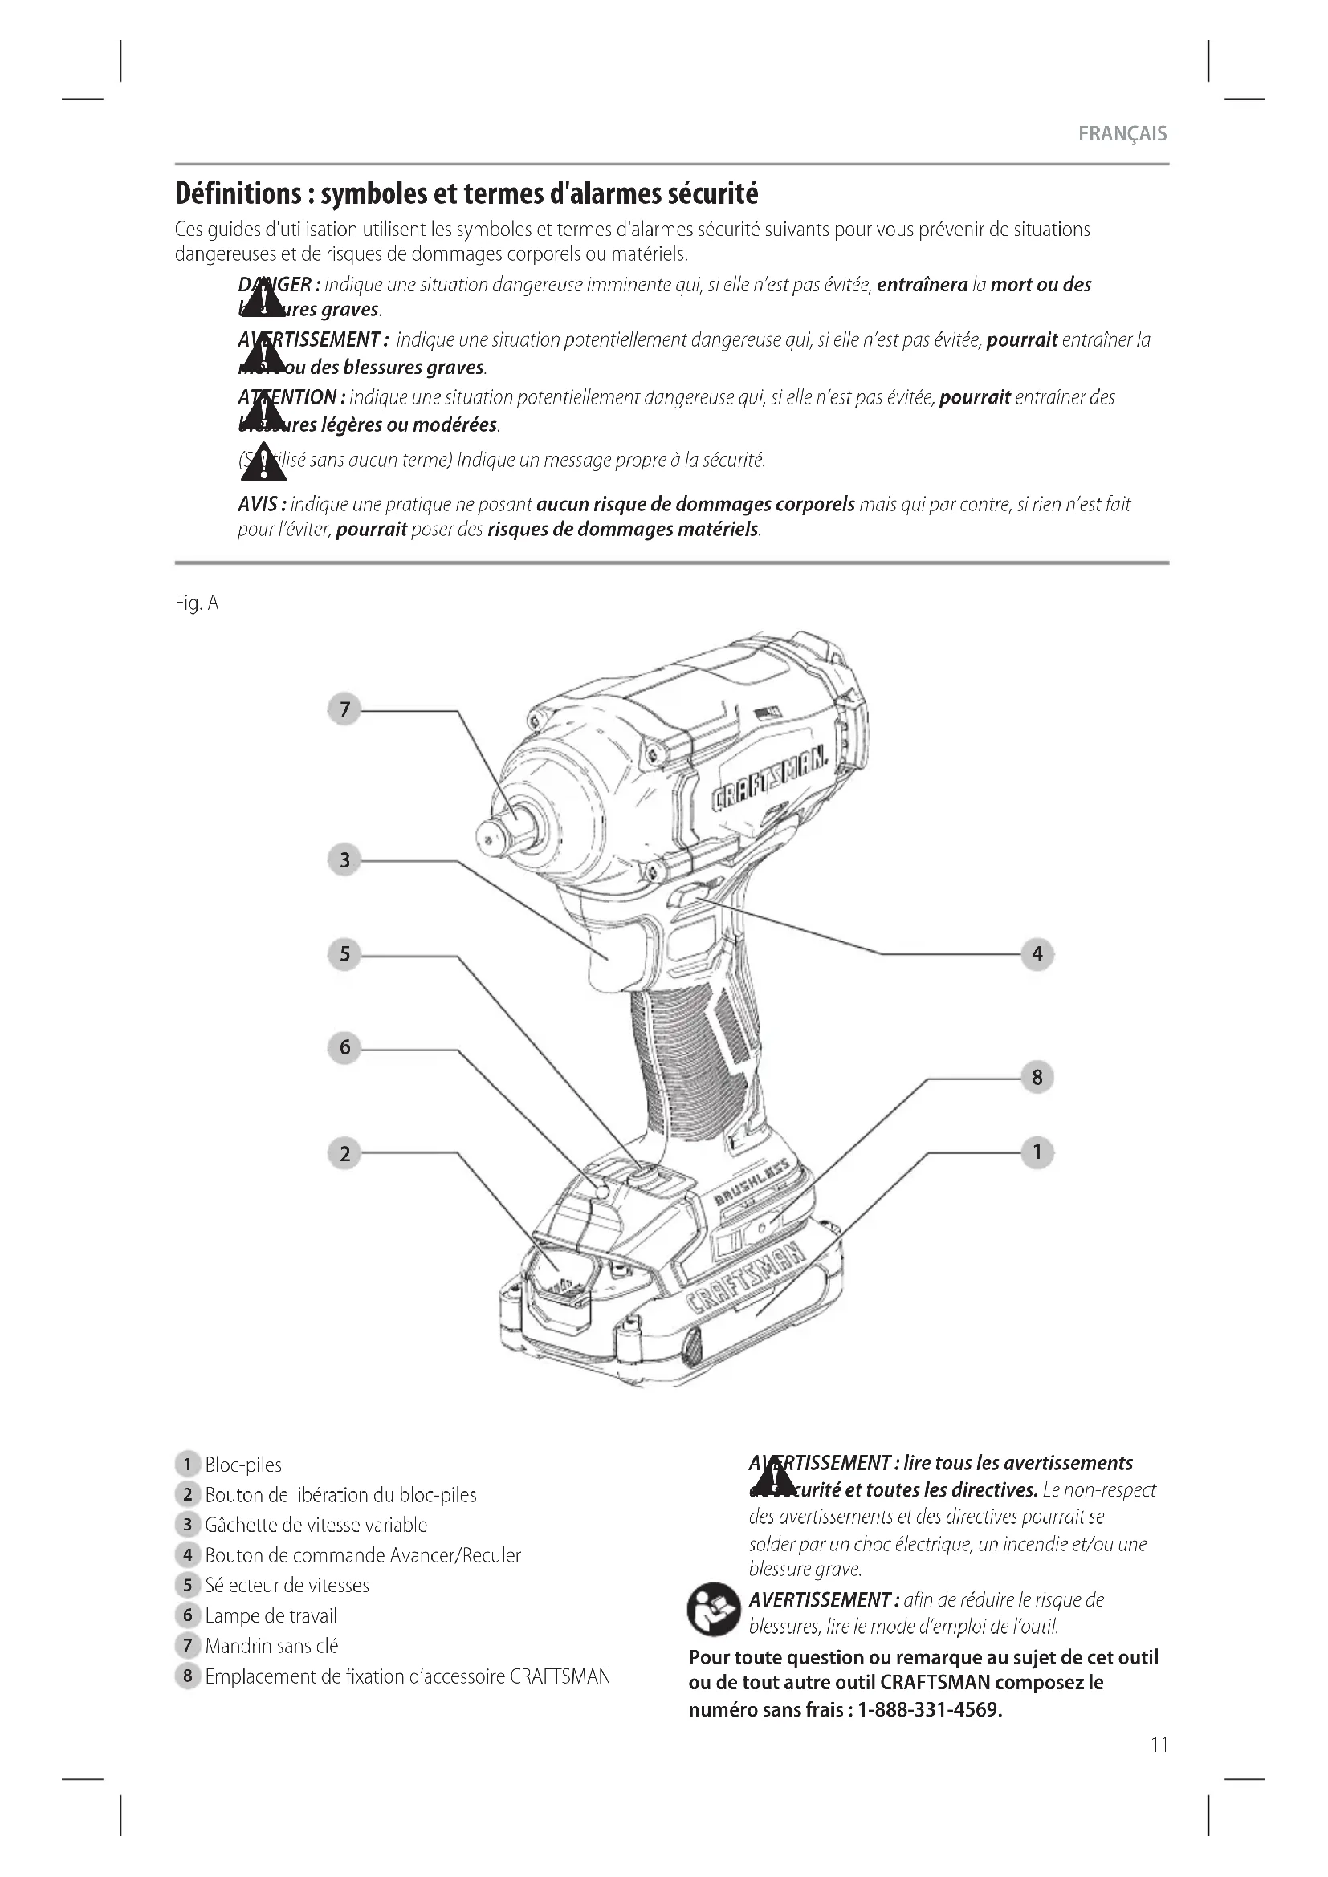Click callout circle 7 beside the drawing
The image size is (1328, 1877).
[x=344, y=709]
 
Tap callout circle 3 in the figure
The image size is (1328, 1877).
[x=344, y=860]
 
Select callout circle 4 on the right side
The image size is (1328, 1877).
[x=1037, y=954]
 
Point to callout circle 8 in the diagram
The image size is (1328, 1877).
[x=1037, y=1078]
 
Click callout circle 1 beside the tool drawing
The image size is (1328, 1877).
[x=1037, y=1152]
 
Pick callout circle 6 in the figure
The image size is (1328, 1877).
[x=344, y=1047]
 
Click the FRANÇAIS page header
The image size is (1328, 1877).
[x=1122, y=134]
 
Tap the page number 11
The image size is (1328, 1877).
[x=1159, y=1745]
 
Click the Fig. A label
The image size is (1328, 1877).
[x=197, y=603]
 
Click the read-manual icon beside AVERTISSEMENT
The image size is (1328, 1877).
[x=713, y=1610]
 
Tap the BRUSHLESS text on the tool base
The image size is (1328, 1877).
[x=752, y=1183]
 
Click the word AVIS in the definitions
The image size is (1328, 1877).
[x=260, y=505]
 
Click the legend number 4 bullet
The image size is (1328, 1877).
[x=187, y=1555]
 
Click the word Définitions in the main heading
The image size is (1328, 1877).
[x=238, y=193]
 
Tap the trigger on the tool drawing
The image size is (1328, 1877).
[x=609, y=941]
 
